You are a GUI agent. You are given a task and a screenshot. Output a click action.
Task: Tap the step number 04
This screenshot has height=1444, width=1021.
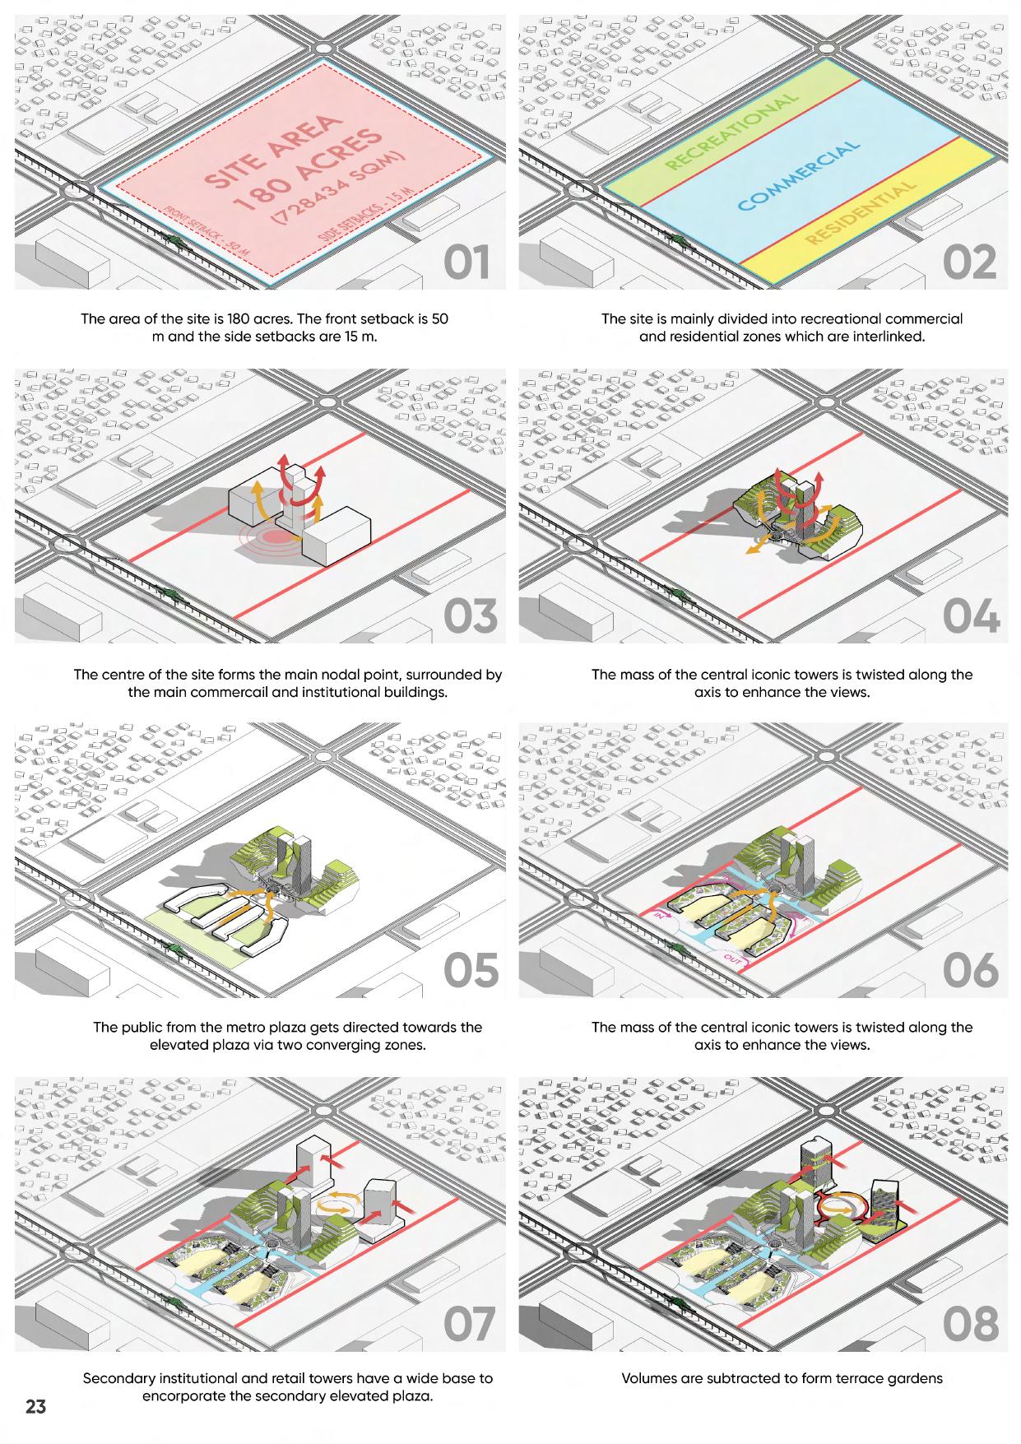[970, 616]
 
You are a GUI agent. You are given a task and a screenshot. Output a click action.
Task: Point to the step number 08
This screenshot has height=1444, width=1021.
[971, 1323]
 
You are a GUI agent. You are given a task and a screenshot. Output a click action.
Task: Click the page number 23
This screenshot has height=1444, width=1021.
[35, 1405]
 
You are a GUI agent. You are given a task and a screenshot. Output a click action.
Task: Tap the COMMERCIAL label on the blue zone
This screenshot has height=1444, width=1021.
[798, 174]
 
